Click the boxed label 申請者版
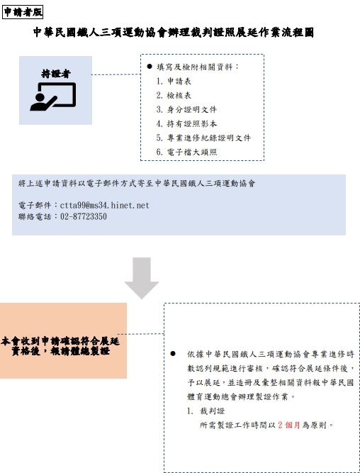click(x=23, y=12)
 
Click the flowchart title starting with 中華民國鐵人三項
click(x=174, y=33)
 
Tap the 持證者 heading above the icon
click(x=56, y=74)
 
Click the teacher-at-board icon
click(x=52, y=96)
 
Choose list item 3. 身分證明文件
click(x=186, y=109)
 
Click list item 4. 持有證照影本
click(x=186, y=123)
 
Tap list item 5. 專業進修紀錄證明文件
click(x=203, y=138)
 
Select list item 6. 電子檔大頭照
click(x=186, y=152)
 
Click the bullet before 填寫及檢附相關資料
click(x=150, y=67)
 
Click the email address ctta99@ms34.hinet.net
click(x=105, y=206)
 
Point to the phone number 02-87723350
click(x=84, y=216)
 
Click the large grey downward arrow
click(x=142, y=278)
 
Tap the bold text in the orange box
click(x=60, y=346)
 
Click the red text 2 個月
click(x=289, y=425)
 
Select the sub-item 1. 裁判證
click(x=206, y=411)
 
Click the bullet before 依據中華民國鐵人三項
click(x=173, y=354)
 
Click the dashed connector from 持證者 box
click(x=116, y=74)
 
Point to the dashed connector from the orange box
click(x=140, y=334)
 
